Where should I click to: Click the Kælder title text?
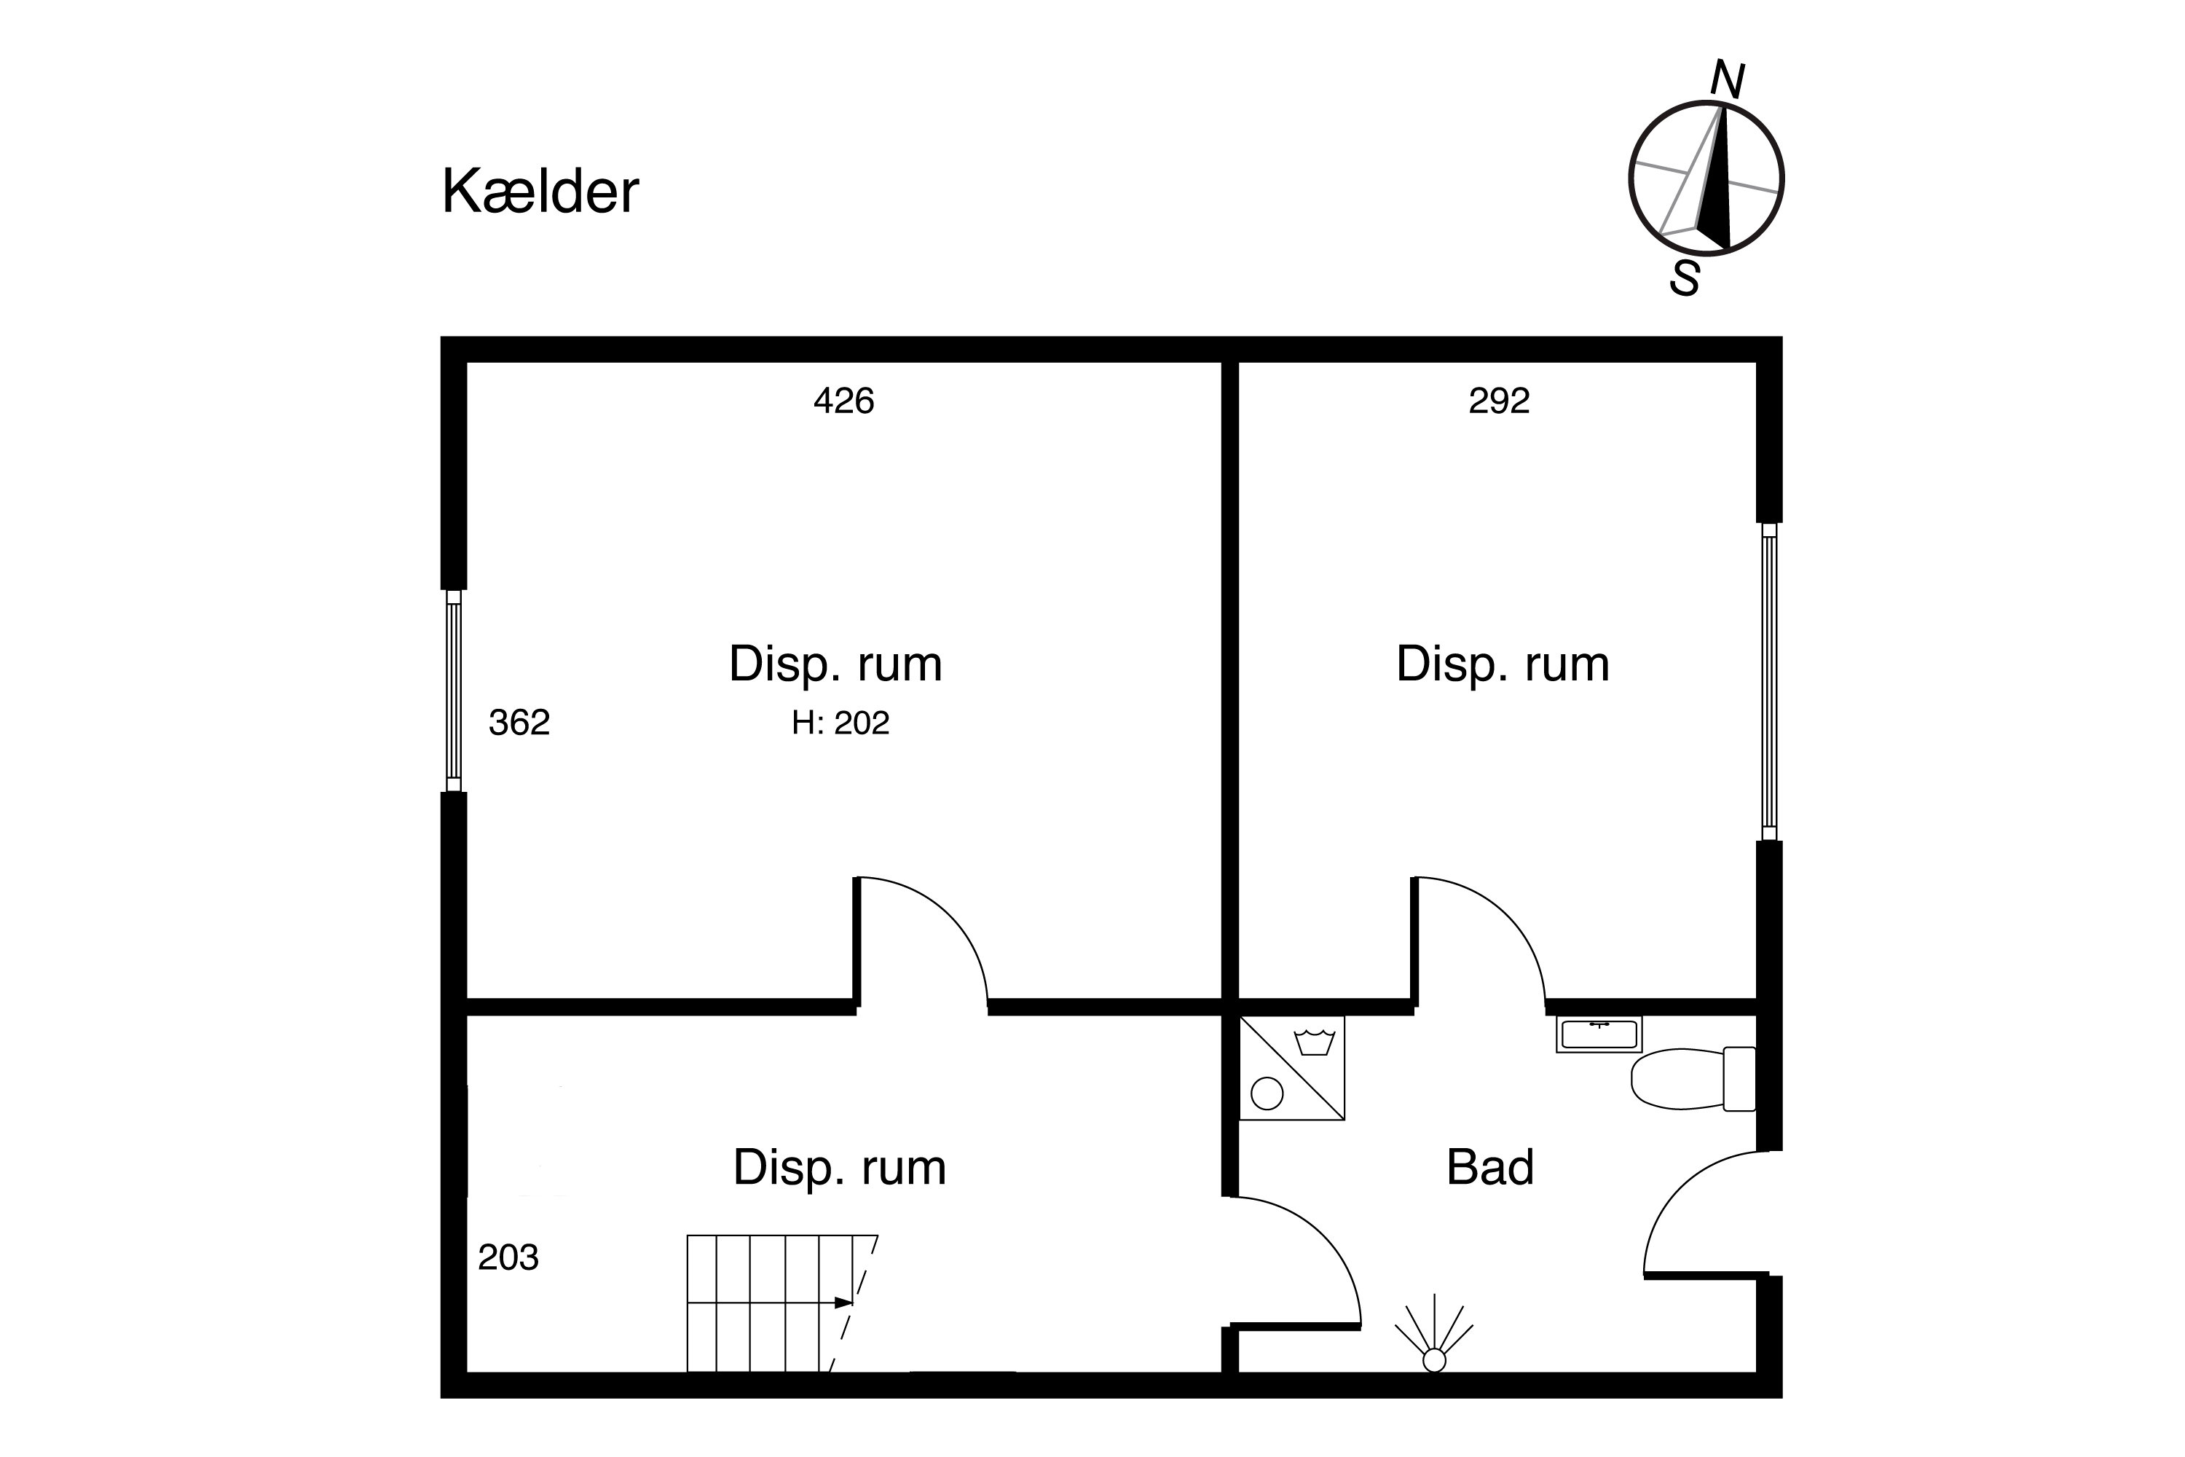point(540,192)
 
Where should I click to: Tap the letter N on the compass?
point(1727,80)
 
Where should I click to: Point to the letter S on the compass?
point(1685,278)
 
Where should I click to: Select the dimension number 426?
point(843,401)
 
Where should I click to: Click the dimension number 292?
point(1498,401)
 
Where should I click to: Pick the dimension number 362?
point(519,722)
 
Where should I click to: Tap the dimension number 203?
point(508,1257)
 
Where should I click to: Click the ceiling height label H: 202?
point(840,722)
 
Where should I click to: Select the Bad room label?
point(1490,1167)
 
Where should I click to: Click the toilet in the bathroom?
point(1693,1079)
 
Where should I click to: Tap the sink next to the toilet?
point(1599,1034)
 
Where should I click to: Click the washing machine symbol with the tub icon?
point(1292,1068)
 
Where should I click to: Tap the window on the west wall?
point(453,691)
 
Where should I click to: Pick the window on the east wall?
point(1769,681)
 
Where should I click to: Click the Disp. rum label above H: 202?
point(835,665)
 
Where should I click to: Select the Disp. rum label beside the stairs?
point(840,1168)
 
